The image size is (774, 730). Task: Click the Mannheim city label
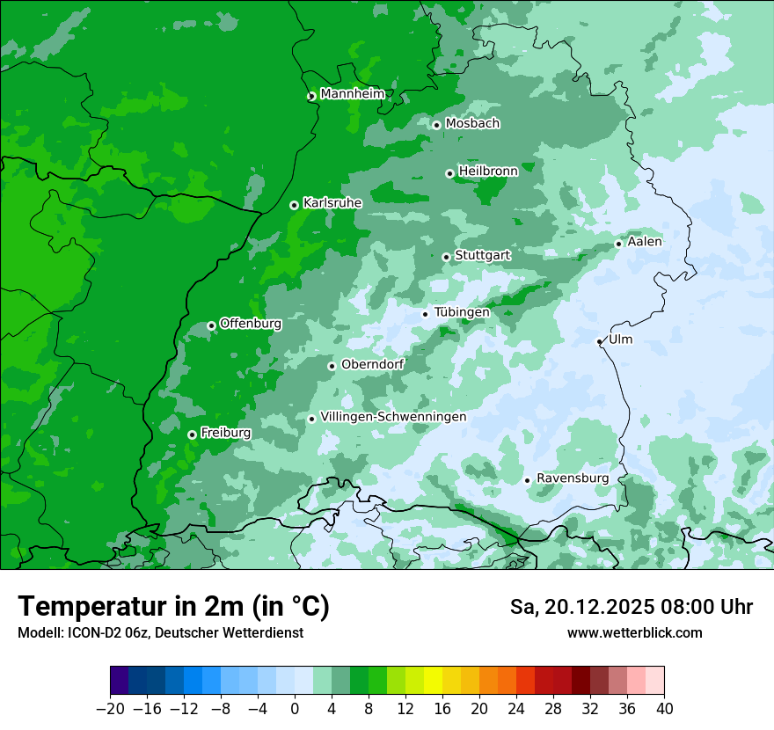pos(352,94)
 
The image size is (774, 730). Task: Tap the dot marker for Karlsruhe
pos(294,205)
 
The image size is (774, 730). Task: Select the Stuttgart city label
pos(482,255)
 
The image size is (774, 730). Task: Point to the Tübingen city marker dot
pos(425,314)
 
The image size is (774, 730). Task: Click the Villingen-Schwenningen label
pos(393,417)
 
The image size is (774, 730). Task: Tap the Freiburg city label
pos(225,433)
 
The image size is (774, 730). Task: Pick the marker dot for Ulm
pos(599,341)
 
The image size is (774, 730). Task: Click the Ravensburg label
pos(572,478)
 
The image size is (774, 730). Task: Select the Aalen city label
pos(645,242)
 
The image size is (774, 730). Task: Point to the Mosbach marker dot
pos(436,125)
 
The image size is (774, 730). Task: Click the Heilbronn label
pos(488,172)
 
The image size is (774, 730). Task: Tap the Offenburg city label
pos(250,324)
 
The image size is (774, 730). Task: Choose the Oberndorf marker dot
pos(332,366)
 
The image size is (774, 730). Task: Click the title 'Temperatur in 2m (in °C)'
pos(173,606)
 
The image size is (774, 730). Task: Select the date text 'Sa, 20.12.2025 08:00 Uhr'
pos(631,607)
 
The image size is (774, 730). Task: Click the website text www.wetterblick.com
pos(634,633)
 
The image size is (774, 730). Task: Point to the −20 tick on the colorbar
pos(110,709)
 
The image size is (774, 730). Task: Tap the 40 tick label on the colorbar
pos(664,709)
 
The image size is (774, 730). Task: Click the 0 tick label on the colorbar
pos(295,709)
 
